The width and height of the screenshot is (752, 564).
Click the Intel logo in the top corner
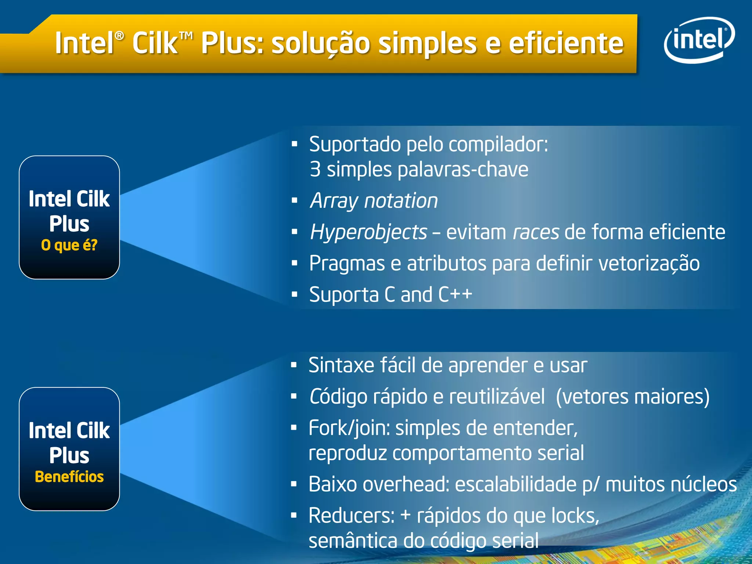click(x=699, y=40)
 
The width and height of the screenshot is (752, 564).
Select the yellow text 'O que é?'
click(x=69, y=245)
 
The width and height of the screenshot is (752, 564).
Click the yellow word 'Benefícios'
click(x=69, y=477)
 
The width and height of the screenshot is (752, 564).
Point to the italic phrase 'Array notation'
click(x=374, y=201)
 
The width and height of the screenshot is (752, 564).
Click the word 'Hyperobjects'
click(x=368, y=232)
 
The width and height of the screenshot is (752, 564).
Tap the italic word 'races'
click(x=536, y=232)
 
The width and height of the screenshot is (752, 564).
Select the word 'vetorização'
click(x=649, y=264)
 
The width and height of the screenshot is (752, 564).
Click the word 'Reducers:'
click(x=351, y=516)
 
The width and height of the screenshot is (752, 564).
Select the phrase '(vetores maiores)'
click(x=632, y=397)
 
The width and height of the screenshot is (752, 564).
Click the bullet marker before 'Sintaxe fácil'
click(x=293, y=365)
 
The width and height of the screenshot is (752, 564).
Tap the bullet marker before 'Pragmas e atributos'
click(x=294, y=263)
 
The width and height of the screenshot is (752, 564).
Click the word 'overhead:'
click(x=406, y=484)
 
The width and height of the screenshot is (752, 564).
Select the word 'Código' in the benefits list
click(x=338, y=397)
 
